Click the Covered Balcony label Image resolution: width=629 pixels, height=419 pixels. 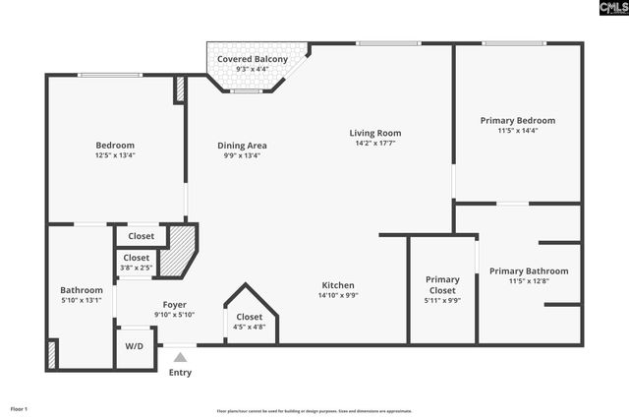point(253,59)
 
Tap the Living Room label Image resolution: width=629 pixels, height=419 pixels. point(375,133)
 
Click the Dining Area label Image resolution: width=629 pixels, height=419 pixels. point(242,146)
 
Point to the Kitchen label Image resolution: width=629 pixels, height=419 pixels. point(337,285)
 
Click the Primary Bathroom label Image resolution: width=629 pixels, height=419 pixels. point(529,271)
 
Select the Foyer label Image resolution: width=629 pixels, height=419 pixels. point(174,305)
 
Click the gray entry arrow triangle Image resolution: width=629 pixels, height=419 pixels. point(180,358)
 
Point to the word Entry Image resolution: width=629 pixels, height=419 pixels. point(180,373)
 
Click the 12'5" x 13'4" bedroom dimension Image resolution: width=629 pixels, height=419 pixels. point(115,155)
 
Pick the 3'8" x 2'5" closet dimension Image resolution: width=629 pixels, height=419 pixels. point(137,267)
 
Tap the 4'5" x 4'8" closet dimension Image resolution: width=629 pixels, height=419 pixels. point(249,327)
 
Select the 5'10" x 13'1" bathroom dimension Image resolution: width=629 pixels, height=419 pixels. point(81,300)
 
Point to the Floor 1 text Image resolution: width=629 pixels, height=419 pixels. point(20,408)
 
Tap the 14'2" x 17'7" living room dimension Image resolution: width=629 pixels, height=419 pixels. point(375,143)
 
